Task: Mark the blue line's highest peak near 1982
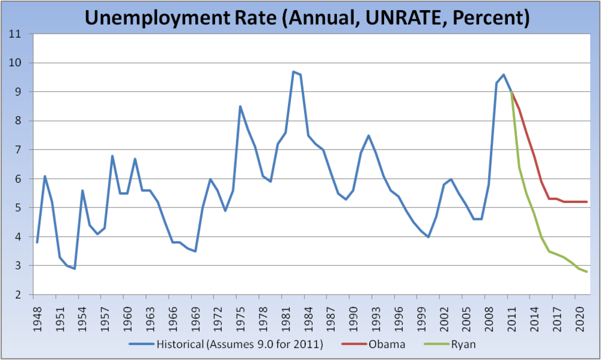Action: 293,72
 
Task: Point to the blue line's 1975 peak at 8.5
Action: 240,106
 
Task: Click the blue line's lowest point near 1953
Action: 75,269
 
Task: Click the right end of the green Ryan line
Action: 586,272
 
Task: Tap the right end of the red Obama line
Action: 586,202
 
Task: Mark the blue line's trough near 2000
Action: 428,237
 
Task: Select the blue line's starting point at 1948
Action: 37,242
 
